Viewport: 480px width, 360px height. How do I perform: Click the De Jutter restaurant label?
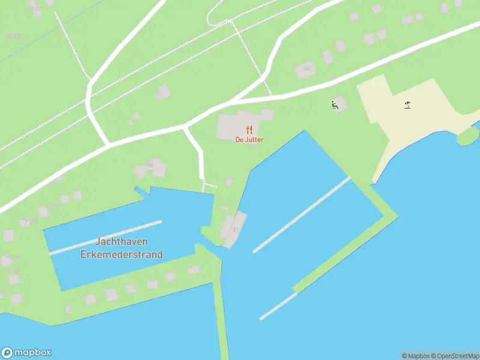(249, 140)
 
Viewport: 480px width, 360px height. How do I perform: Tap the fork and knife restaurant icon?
(249, 130)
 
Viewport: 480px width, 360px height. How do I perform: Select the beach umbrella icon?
(408, 106)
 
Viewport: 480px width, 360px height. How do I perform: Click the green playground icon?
(334, 105)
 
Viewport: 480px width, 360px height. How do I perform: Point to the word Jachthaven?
(122, 241)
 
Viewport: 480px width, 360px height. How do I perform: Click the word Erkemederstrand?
(122, 254)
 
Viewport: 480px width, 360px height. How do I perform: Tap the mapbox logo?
(26, 353)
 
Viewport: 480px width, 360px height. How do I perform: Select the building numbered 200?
(305, 70)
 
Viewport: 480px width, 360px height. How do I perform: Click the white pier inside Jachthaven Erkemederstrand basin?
(106, 238)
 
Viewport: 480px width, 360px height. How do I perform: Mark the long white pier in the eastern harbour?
(302, 214)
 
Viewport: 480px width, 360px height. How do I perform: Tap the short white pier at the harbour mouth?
(278, 306)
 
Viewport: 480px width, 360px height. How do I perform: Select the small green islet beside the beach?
(468, 136)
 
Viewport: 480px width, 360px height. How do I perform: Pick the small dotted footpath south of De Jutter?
(209, 185)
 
